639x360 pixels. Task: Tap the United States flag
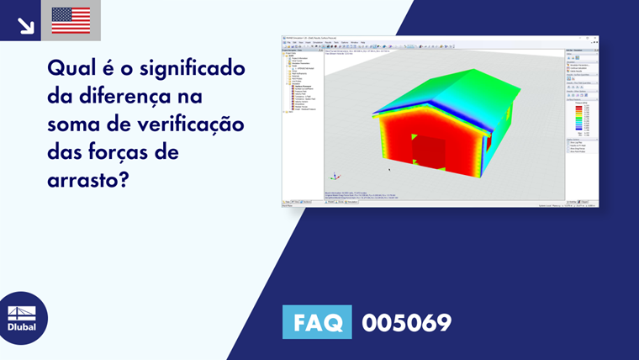pyautogui.click(x=71, y=20)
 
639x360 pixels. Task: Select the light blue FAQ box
pyautogui.click(x=317, y=322)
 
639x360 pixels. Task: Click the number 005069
pyautogui.click(x=406, y=322)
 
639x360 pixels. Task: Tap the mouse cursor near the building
pyautogui.click(x=388, y=169)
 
